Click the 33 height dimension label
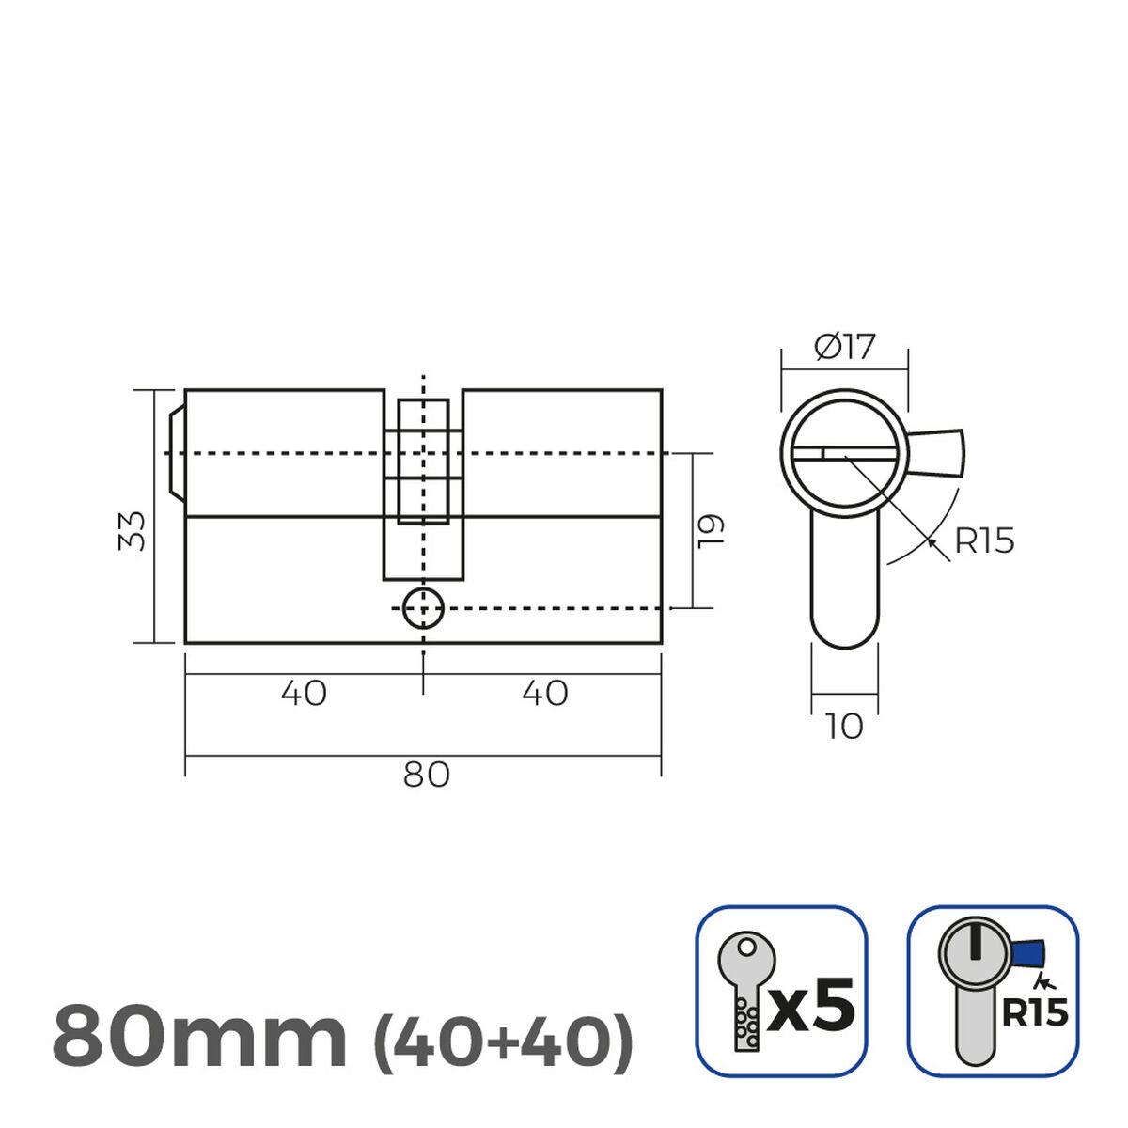tap(133, 530)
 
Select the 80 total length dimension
tap(426, 775)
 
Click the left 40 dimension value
tap(304, 694)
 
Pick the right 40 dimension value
tap(545, 694)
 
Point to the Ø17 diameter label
tap(844, 348)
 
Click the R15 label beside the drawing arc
tap(984, 541)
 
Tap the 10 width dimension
tap(844, 727)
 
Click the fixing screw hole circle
tap(423, 609)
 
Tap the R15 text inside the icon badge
tap(1034, 1013)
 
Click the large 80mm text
tap(199, 1037)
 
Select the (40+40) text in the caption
tap(504, 1039)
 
